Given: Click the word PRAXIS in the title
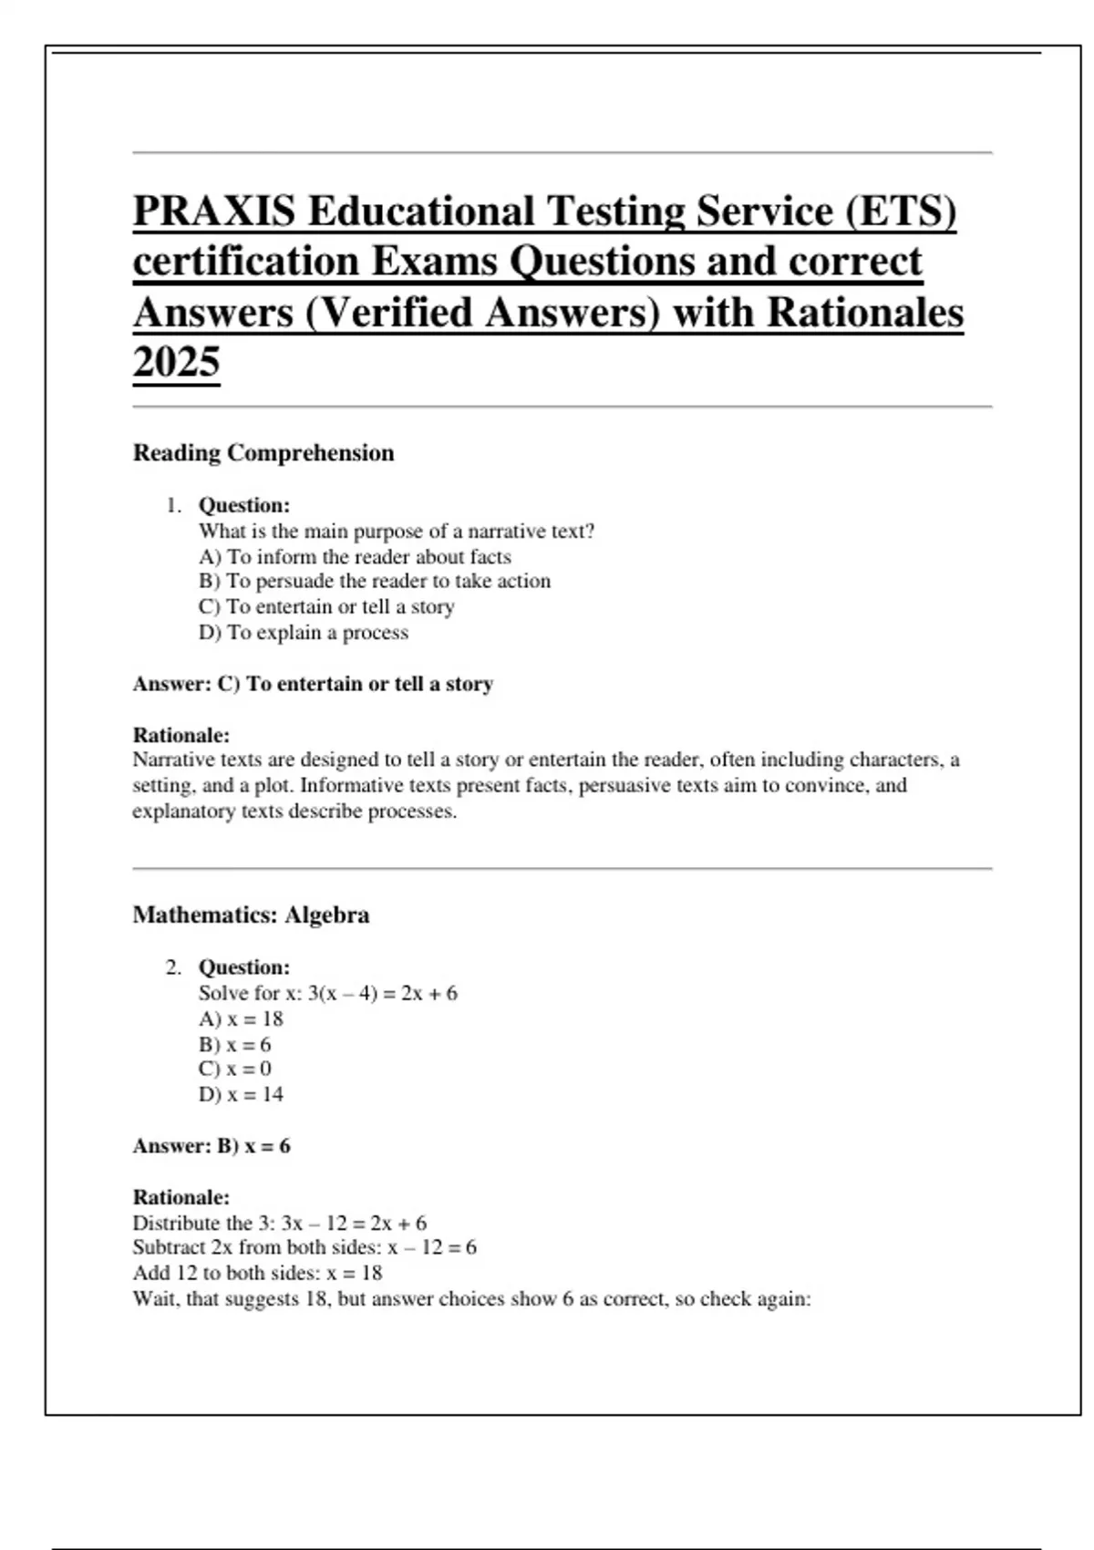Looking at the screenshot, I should pos(214,212).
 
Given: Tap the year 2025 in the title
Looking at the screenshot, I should pos(176,362).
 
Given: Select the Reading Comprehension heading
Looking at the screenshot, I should pos(263,453).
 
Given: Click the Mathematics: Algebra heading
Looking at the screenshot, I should pos(251,915).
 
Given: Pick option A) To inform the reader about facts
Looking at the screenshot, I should pos(355,556).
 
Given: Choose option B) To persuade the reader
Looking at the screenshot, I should pos(375,581).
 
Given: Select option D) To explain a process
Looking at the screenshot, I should pos(304,633).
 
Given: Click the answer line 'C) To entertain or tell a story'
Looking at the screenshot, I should pos(355,684).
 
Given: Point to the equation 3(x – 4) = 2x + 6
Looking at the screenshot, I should pos(382,993).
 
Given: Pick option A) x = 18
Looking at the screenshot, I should pos(241,1018).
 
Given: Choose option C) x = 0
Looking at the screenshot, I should pos(235,1069).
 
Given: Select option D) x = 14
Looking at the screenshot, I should pos(241,1094).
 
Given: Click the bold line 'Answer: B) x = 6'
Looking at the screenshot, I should pos(212,1146).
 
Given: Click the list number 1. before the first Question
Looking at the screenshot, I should pos(174,505).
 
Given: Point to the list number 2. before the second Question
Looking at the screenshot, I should pos(174,967).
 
